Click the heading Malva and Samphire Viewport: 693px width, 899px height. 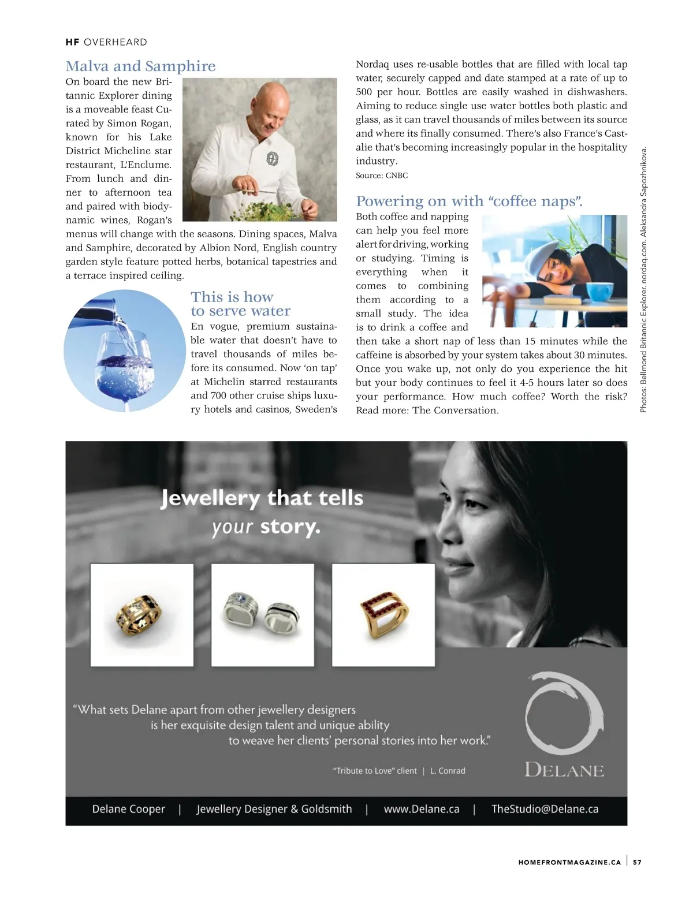pyautogui.click(x=140, y=66)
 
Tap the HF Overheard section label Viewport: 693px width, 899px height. pyautogui.click(x=106, y=42)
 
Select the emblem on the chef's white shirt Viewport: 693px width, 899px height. pyautogui.click(x=272, y=159)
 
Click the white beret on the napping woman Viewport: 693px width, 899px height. pyautogui.click(x=536, y=252)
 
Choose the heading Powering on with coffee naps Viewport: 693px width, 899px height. pyautogui.click(x=469, y=201)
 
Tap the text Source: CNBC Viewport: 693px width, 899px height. pyautogui.click(x=382, y=176)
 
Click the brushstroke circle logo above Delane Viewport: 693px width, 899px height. pyautogui.click(x=564, y=713)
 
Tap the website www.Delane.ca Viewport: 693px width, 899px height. pyautogui.click(x=422, y=809)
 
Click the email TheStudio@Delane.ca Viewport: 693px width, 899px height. pyautogui.click(x=545, y=809)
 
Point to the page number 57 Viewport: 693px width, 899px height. pyautogui.click(x=637, y=862)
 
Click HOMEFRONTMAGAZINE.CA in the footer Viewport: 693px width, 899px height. pyautogui.click(x=569, y=862)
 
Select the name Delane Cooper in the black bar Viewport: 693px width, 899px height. pyautogui.click(x=128, y=809)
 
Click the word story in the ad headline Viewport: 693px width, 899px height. pyautogui.click(x=289, y=527)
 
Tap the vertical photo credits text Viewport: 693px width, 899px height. pyautogui.click(x=643, y=280)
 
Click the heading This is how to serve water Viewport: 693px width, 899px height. pyautogui.click(x=240, y=304)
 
